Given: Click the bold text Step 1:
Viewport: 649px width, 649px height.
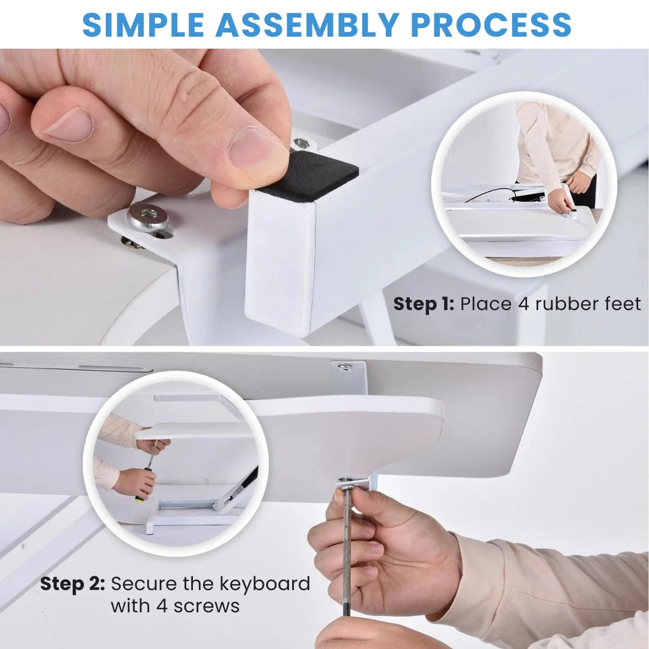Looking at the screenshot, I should point(424,304).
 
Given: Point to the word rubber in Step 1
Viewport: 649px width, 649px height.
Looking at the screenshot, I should point(564,304).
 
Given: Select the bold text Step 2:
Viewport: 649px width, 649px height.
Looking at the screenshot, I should point(73,583).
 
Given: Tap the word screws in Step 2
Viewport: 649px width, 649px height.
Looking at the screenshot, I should point(207,606).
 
